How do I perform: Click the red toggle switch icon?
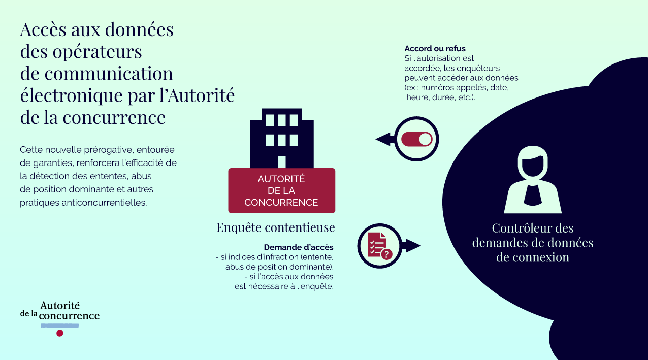416,139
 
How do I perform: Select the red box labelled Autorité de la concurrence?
281,190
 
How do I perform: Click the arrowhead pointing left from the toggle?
382,139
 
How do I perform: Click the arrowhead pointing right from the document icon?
414,246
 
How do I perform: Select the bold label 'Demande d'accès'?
299,247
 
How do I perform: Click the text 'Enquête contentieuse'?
276,227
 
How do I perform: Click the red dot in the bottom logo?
60,333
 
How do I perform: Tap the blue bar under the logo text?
60,325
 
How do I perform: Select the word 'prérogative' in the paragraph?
109,150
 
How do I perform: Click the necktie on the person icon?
533,194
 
